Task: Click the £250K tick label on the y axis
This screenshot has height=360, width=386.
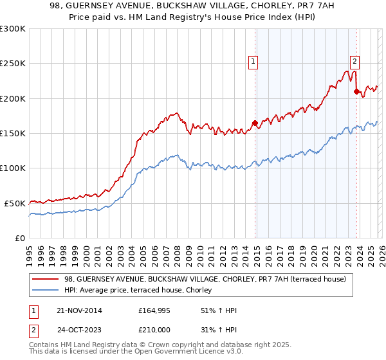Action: coord(13,64)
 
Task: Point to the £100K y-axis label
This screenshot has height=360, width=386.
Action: coord(13,168)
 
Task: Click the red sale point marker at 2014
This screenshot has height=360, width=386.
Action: coord(255,123)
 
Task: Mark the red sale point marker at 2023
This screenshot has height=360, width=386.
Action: coord(356,92)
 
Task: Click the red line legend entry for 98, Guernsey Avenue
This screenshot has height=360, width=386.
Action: coord(205,279)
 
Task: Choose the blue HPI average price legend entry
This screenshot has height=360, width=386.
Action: coord(142,291)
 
